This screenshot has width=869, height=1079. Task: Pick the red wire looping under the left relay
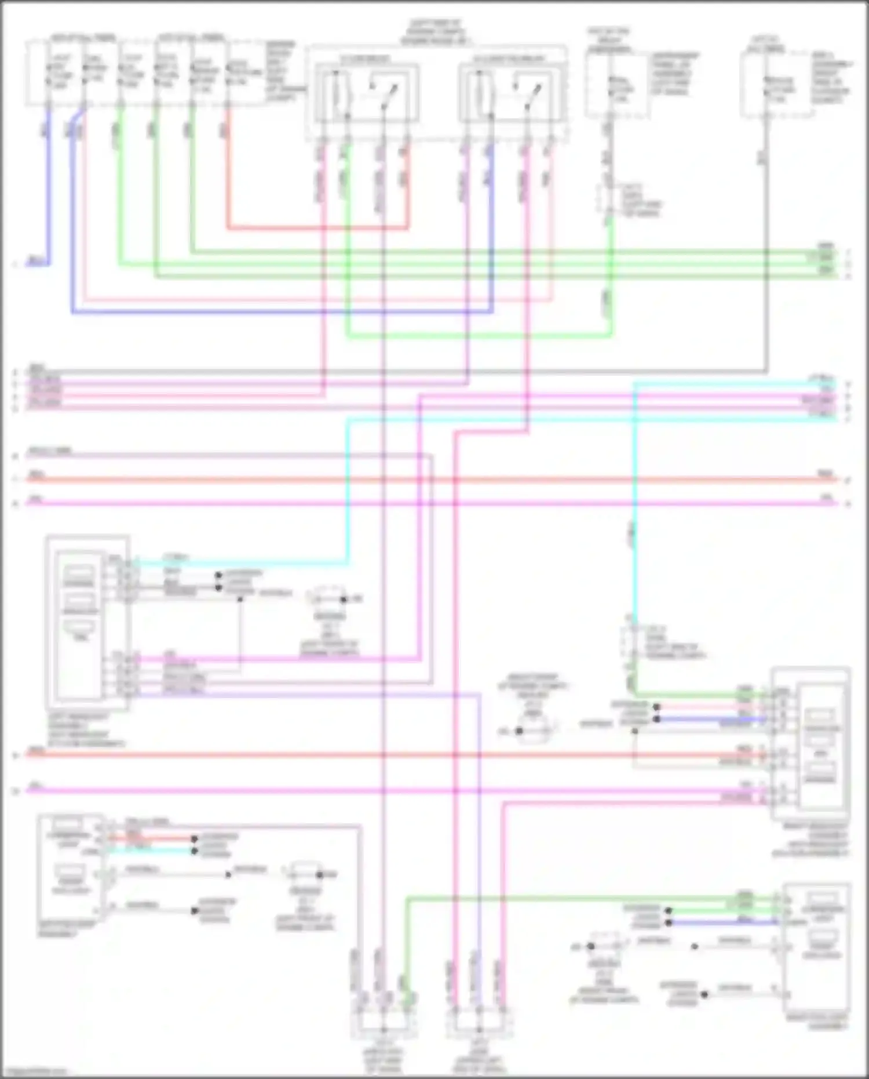click(319, 227)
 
